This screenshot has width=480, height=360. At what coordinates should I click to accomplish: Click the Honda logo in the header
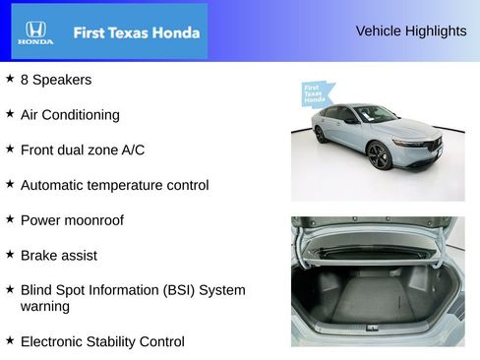[x=33, y=31]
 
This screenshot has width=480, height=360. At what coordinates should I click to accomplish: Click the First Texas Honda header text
[x=136, y=32]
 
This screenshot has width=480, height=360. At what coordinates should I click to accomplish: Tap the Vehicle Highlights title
[x=410, y=30]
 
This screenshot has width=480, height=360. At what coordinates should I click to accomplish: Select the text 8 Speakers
[x=55, y=80]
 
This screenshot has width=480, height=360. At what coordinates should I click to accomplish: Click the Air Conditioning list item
[x=70, y=114]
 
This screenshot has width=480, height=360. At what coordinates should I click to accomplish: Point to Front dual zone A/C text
[x=83, y=150]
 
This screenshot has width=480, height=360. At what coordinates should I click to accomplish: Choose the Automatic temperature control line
[x=114, y=185]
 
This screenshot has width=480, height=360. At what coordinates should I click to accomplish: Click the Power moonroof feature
[x=72, y=220]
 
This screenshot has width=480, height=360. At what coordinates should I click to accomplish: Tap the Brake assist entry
[x=58, y=255]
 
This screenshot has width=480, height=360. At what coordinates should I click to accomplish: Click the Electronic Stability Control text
[x=102, y=341]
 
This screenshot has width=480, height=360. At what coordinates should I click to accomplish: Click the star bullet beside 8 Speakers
[x=10, y=78]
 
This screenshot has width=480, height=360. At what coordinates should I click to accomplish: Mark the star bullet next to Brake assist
[x=10, y=253]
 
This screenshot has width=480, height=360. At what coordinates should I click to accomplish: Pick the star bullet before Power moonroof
[x=10, y=218]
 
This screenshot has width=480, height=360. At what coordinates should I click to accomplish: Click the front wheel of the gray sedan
[x=379, y=155]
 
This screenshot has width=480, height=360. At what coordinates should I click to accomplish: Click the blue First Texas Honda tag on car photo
[x=315, y=94]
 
